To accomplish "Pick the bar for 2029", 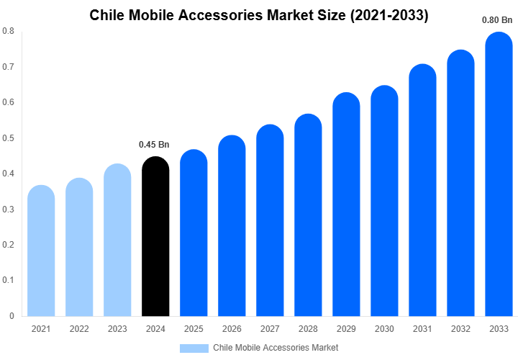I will click(x=346, y=204).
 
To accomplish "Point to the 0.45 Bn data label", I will click(x=154, y=145).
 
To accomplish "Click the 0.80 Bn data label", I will click(x=497, y=20).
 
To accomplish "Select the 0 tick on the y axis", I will click(x=12, y=316).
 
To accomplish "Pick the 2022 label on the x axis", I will click(x=79, y=329).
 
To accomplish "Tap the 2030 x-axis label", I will click(x=384, y=329).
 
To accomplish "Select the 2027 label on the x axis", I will click(x=270, y=329).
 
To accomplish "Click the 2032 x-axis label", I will click(x=460, y=329).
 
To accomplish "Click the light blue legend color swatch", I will click(x=194, y=348).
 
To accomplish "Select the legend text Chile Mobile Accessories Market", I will click(x=276, y=348).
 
